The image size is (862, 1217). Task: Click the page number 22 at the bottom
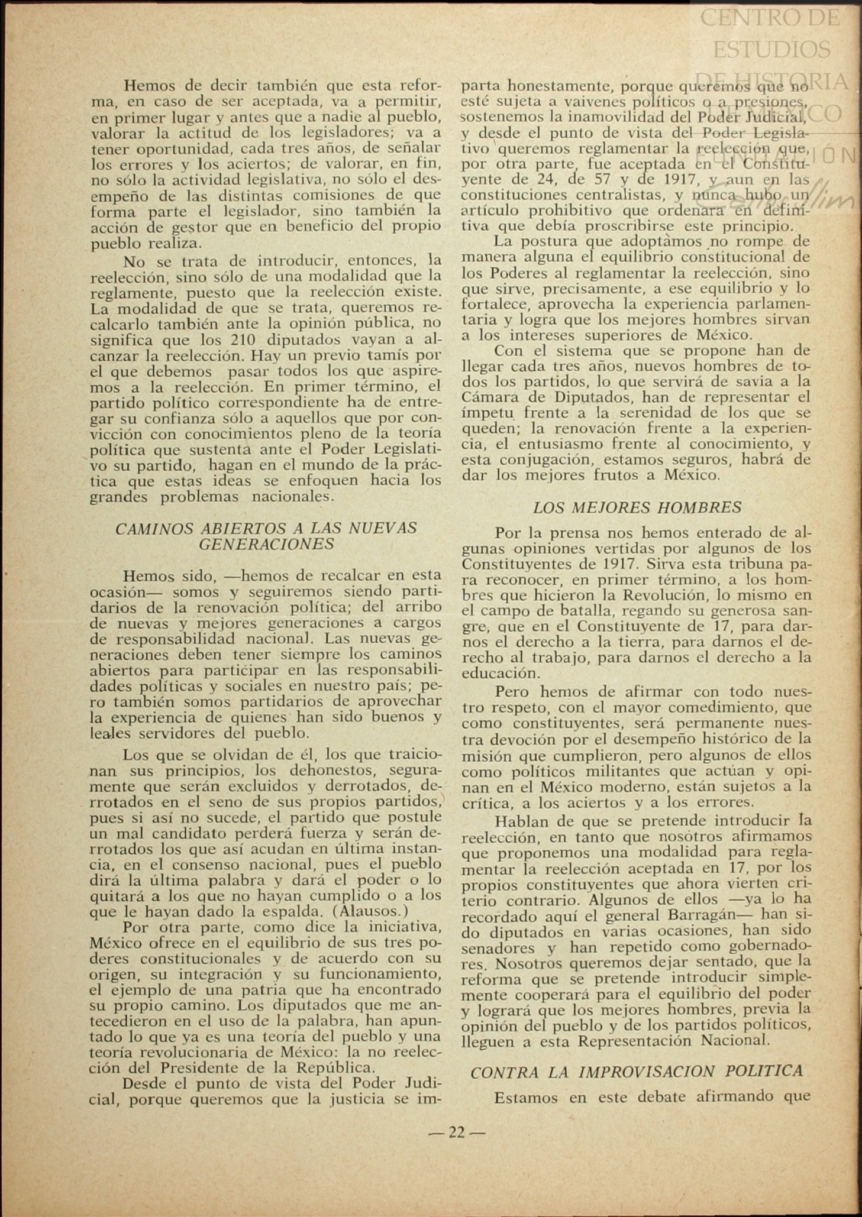(x=456, y=1132)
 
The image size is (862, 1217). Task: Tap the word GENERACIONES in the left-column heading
(x=266, y=544)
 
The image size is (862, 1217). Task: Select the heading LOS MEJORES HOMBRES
(x=637, y=507)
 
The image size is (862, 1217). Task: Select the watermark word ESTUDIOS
(x=771, y=49)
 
